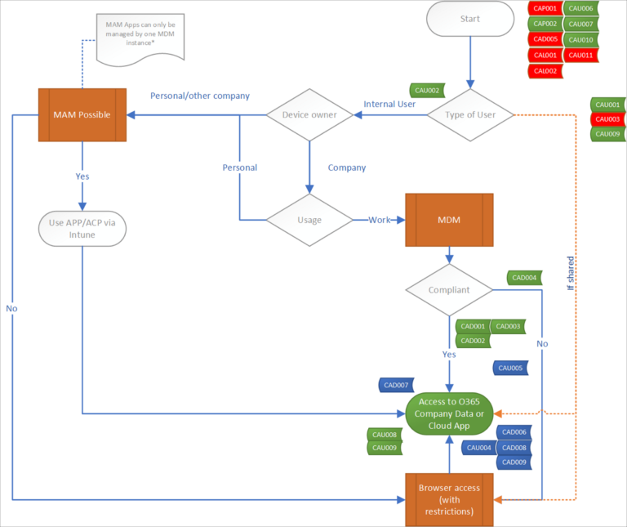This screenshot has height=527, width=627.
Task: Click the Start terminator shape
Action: click(470, 20)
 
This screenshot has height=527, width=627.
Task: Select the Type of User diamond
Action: click(471, 114)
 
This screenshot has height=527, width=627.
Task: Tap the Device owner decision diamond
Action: click(309, 114)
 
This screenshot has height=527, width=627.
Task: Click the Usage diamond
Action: click(309, 220)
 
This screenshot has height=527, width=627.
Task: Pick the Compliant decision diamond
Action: click(449, 290)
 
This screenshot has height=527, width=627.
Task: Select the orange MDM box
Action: click(449, 220)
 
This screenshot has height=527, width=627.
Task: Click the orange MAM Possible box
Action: click(82, 114)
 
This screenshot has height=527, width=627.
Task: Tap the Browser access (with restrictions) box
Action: click(449, 498)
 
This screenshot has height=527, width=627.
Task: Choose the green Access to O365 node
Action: click(449, 413)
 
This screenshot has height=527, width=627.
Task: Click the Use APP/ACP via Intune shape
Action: click(82, 229)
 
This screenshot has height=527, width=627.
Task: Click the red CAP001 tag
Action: click(545, 8)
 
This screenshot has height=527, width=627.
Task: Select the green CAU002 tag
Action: click(427, 91)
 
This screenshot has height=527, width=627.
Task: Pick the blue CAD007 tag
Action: click(397, 385)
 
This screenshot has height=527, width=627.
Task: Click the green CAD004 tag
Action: click(525, 278)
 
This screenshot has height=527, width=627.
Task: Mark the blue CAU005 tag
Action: click(510, 368)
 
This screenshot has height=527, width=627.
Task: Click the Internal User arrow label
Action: click(389, 104)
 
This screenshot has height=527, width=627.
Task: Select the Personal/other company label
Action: click(199, 96)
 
